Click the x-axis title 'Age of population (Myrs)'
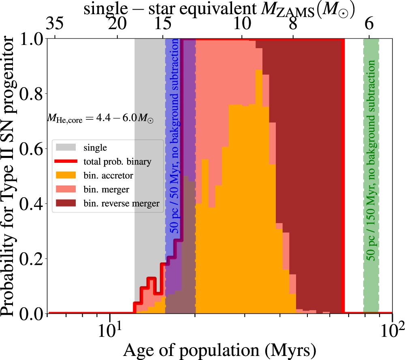[220, 349]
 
